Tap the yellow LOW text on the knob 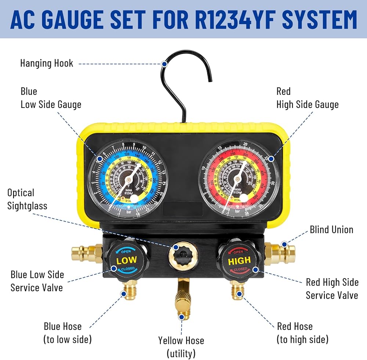coord(127,261)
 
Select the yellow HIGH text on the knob coord(239,261)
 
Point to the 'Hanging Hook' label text coord(47,63)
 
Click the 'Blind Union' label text coord(331,230)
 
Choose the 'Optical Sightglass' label coord(27,199)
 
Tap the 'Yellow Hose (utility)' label coord(181,347)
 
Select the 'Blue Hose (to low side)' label coord(67,332)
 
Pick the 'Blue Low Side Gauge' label coord(51,98)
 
